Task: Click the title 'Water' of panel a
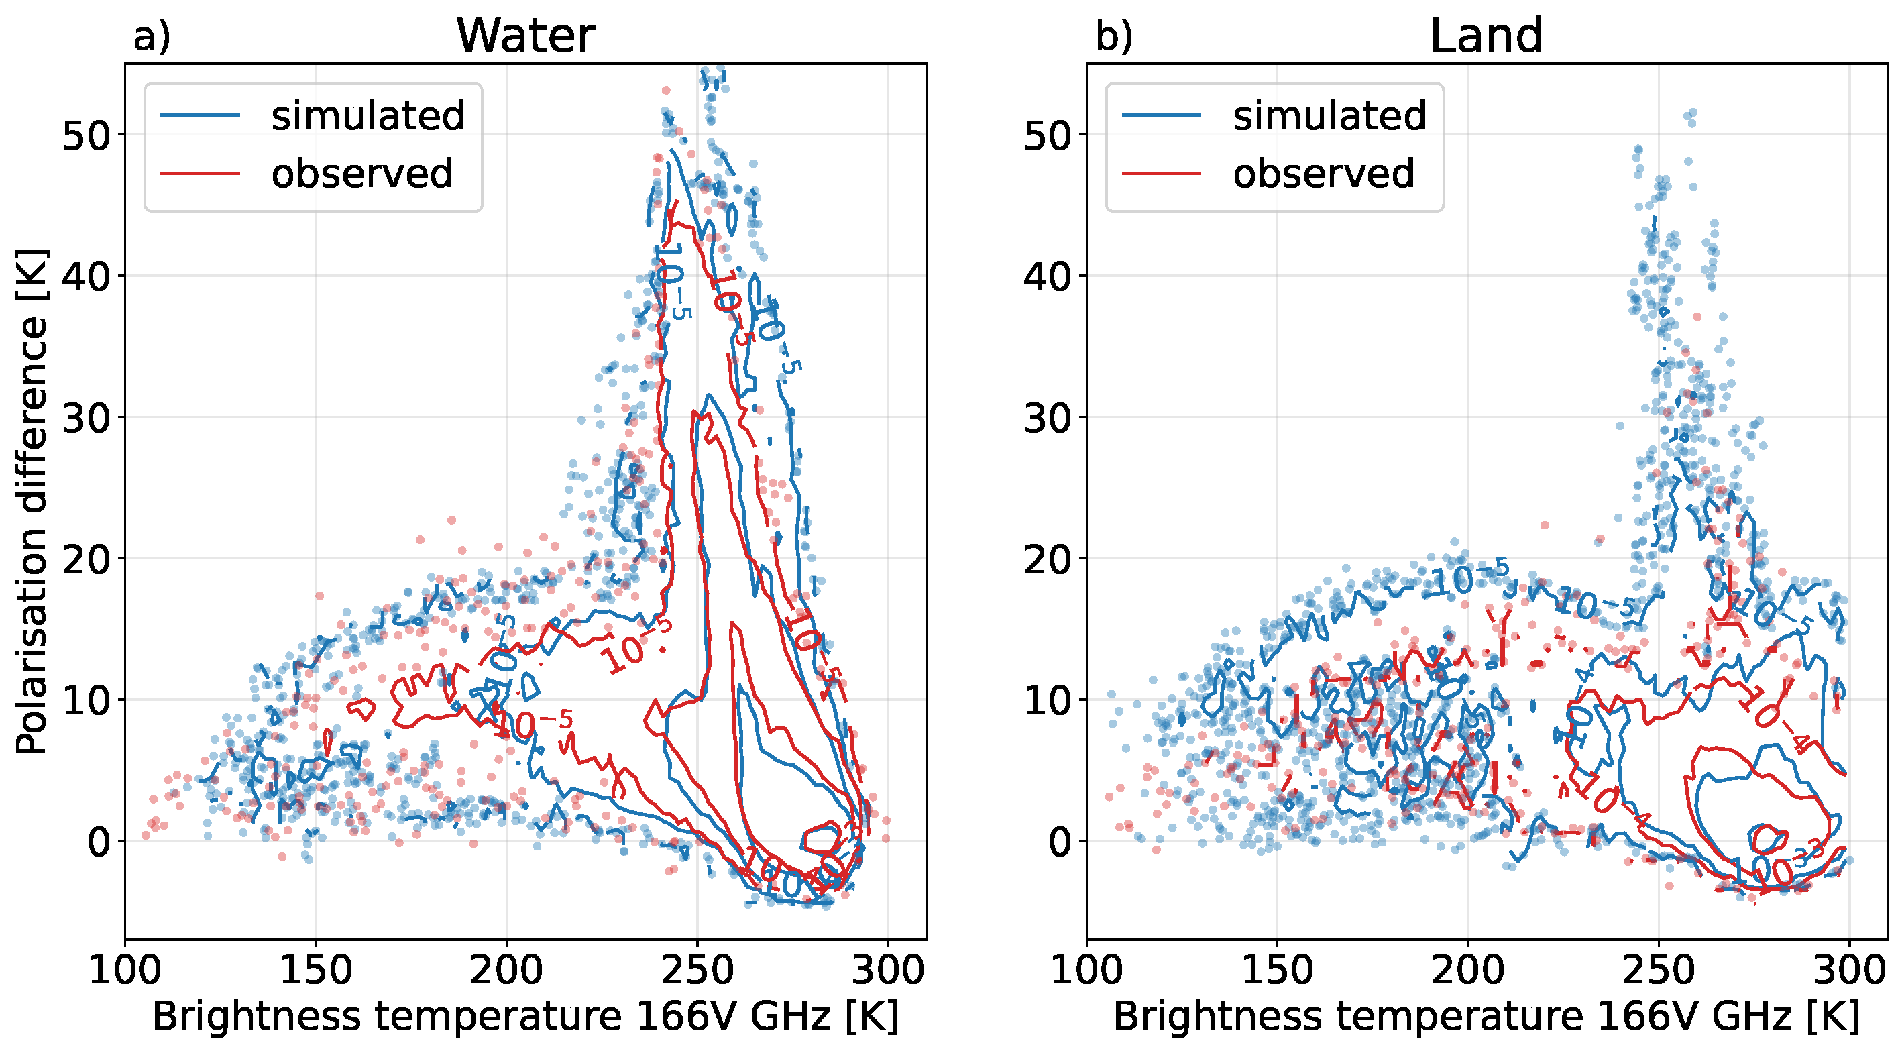coord(525,36)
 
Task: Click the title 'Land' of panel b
coord(1486,36)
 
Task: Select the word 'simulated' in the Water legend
coord(368,116)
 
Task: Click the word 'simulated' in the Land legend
coord(1329,116)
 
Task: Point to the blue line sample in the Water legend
coord(200,116)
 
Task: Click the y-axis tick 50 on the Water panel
coord(86,135)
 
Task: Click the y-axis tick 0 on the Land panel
coord(1060,842)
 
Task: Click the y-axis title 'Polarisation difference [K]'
coord(31,502)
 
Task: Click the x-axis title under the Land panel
coord(1486,1017)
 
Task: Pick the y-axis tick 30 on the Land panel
coord(1048,419)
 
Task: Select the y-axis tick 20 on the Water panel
coord(86,560)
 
